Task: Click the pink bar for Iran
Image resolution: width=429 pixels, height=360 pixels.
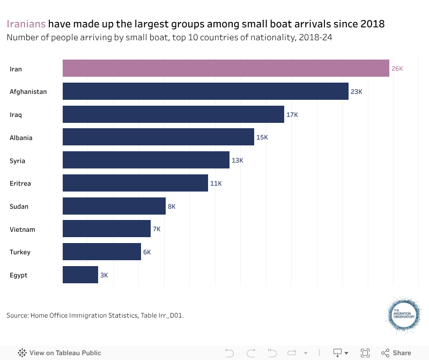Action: (226, 69)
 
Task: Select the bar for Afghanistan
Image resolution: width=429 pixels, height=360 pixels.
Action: (205, 91)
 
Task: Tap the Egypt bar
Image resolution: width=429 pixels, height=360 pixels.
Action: (80, 275)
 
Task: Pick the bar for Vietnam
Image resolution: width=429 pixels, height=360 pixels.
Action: (107, 229)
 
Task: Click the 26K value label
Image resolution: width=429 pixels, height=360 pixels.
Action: (397, 69)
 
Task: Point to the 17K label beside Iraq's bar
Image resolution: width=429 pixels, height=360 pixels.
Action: (292, 115)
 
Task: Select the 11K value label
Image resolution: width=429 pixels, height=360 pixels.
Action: (216, 183)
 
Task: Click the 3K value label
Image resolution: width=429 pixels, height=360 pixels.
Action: (104, 275)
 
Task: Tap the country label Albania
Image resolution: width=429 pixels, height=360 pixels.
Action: (21, 138)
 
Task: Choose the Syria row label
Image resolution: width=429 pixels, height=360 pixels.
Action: (17, 161)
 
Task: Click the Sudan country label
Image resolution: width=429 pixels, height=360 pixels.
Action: (19, 207)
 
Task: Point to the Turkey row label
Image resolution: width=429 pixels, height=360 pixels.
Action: (20, 252)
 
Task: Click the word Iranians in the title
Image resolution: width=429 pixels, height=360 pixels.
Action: (26, 24)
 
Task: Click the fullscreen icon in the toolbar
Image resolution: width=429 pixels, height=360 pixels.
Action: (365, 353)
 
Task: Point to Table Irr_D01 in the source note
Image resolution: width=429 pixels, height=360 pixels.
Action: (161, 315)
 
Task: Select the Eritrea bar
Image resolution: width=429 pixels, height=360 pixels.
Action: (135, 183)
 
